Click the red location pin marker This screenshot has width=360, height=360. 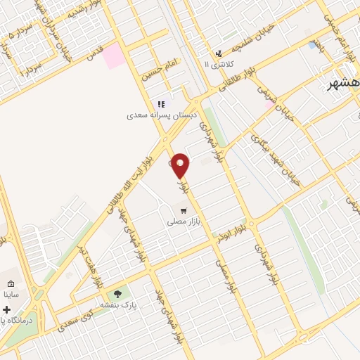click(x=181, y=165)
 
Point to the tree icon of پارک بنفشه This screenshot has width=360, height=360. click(x=117, y=294)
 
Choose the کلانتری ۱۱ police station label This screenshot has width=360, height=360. click(x=217, y=64)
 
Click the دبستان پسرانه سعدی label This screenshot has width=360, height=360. click(x=162, y=114)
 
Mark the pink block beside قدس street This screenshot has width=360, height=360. click(x=113, y=56)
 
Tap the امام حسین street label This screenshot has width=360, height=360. click(x=157, y=70)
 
